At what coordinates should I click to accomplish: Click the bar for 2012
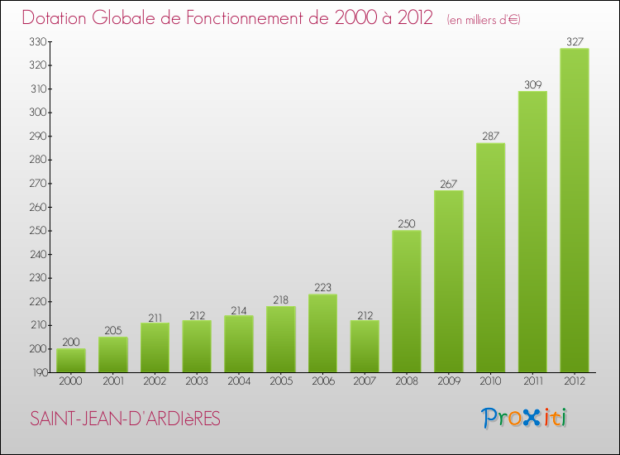point(575,210)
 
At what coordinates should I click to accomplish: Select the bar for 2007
point(365,346)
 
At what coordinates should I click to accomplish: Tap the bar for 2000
point(71,360)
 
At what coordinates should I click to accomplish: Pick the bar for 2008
point(407,301)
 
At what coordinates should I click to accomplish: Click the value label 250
point(407,223)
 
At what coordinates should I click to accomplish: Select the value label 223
point(322,288)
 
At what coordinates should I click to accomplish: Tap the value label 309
point(532,84)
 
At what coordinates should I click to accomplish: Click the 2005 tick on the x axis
point(280,381)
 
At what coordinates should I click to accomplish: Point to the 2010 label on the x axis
point(490,381)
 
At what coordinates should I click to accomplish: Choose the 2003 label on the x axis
point(197,381)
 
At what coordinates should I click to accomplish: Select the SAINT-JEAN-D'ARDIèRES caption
point(125,419)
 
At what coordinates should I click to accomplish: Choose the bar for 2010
point(490,257)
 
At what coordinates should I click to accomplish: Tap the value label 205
point(113,331)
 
